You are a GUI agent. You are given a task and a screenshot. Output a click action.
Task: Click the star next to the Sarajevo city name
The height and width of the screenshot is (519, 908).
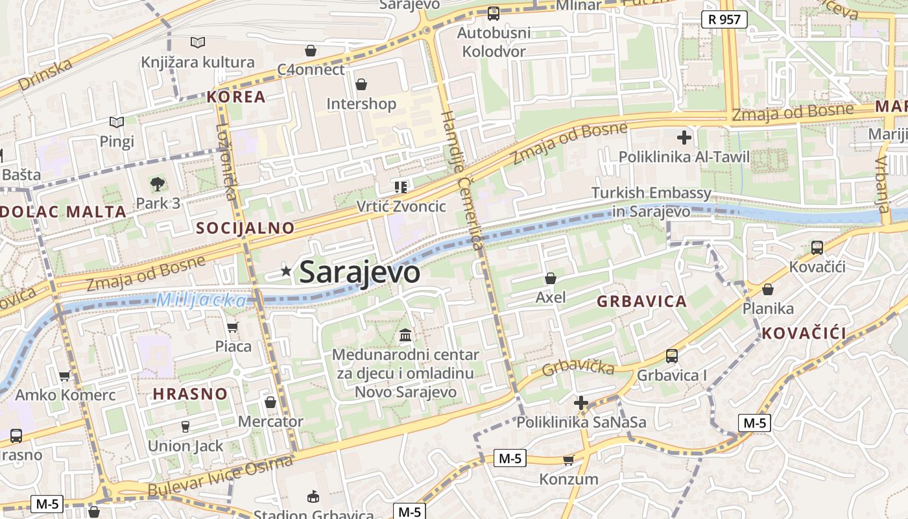point(286,271)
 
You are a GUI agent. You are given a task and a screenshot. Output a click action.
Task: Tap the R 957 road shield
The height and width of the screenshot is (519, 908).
point(724,19)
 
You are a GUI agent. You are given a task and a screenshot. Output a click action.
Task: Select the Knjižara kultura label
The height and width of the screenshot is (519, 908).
point(198,62)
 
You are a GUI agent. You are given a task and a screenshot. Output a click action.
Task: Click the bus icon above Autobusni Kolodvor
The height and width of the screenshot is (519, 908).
point(493,12)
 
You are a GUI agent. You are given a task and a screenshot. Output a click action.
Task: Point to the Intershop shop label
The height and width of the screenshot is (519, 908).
point(361,104)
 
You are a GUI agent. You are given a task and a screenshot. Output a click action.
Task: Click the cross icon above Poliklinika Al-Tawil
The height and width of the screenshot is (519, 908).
point(684,138)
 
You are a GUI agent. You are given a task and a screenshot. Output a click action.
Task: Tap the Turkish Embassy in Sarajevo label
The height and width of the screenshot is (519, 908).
point(651,202)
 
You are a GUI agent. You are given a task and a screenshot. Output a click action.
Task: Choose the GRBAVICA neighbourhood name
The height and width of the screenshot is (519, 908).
point(641,302)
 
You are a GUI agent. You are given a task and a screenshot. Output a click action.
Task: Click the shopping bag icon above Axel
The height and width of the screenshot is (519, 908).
point(550,278)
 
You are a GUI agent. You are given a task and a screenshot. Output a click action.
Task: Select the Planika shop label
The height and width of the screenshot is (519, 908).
point(768,308)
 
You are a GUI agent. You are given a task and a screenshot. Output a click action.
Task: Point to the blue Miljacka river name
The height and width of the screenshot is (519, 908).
point(202,300)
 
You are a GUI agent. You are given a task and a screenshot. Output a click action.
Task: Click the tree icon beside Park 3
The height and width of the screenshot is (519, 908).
point(157,184)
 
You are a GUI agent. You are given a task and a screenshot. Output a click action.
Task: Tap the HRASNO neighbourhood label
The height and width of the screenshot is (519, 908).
point(190,394)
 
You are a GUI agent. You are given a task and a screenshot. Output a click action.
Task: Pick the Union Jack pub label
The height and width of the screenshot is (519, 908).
point(185,446)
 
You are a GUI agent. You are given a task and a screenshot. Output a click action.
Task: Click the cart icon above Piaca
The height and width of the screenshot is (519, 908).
point(233,327)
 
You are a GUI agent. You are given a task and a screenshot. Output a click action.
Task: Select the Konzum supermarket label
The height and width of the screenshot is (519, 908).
point(569,479)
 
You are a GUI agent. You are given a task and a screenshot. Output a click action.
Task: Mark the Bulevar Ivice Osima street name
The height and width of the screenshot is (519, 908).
point(221,477)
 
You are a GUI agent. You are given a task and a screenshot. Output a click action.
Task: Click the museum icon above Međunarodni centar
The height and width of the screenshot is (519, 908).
point(405,335)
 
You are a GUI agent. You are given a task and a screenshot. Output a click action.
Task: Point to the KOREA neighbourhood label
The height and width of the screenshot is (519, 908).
point(236,97)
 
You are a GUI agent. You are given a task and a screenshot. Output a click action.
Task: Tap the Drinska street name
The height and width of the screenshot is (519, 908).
point(45,75)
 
